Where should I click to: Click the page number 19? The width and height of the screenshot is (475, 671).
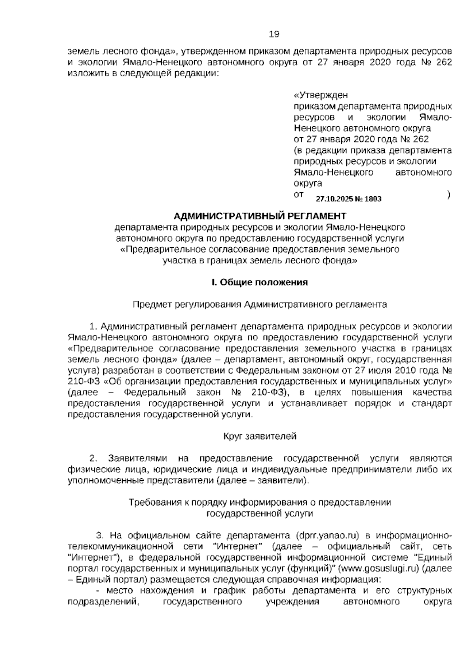coord(274,34)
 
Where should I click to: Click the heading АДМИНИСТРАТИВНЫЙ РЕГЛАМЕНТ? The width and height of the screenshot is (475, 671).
coord(260,216)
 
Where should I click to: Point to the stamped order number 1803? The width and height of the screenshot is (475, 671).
coord(373,199)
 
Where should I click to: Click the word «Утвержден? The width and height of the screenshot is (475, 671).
coord(321,95)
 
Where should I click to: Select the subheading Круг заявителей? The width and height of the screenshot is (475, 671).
coord(260,436)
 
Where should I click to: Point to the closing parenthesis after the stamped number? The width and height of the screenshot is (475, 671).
coord(448,195)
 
